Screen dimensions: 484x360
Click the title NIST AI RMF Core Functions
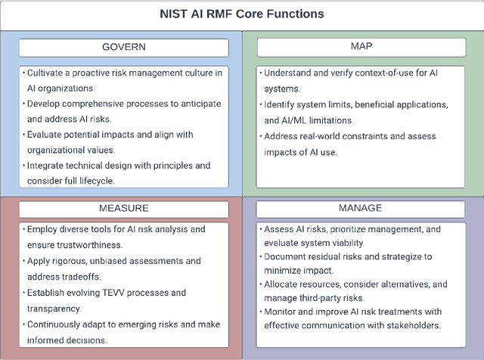[242, 14]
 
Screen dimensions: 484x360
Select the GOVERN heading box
[123, 48]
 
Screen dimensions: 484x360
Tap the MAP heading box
[361, 48]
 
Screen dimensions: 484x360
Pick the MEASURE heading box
[123, 208]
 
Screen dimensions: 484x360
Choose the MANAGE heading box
[361, 208]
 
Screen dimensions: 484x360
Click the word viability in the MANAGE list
[346, 243]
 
